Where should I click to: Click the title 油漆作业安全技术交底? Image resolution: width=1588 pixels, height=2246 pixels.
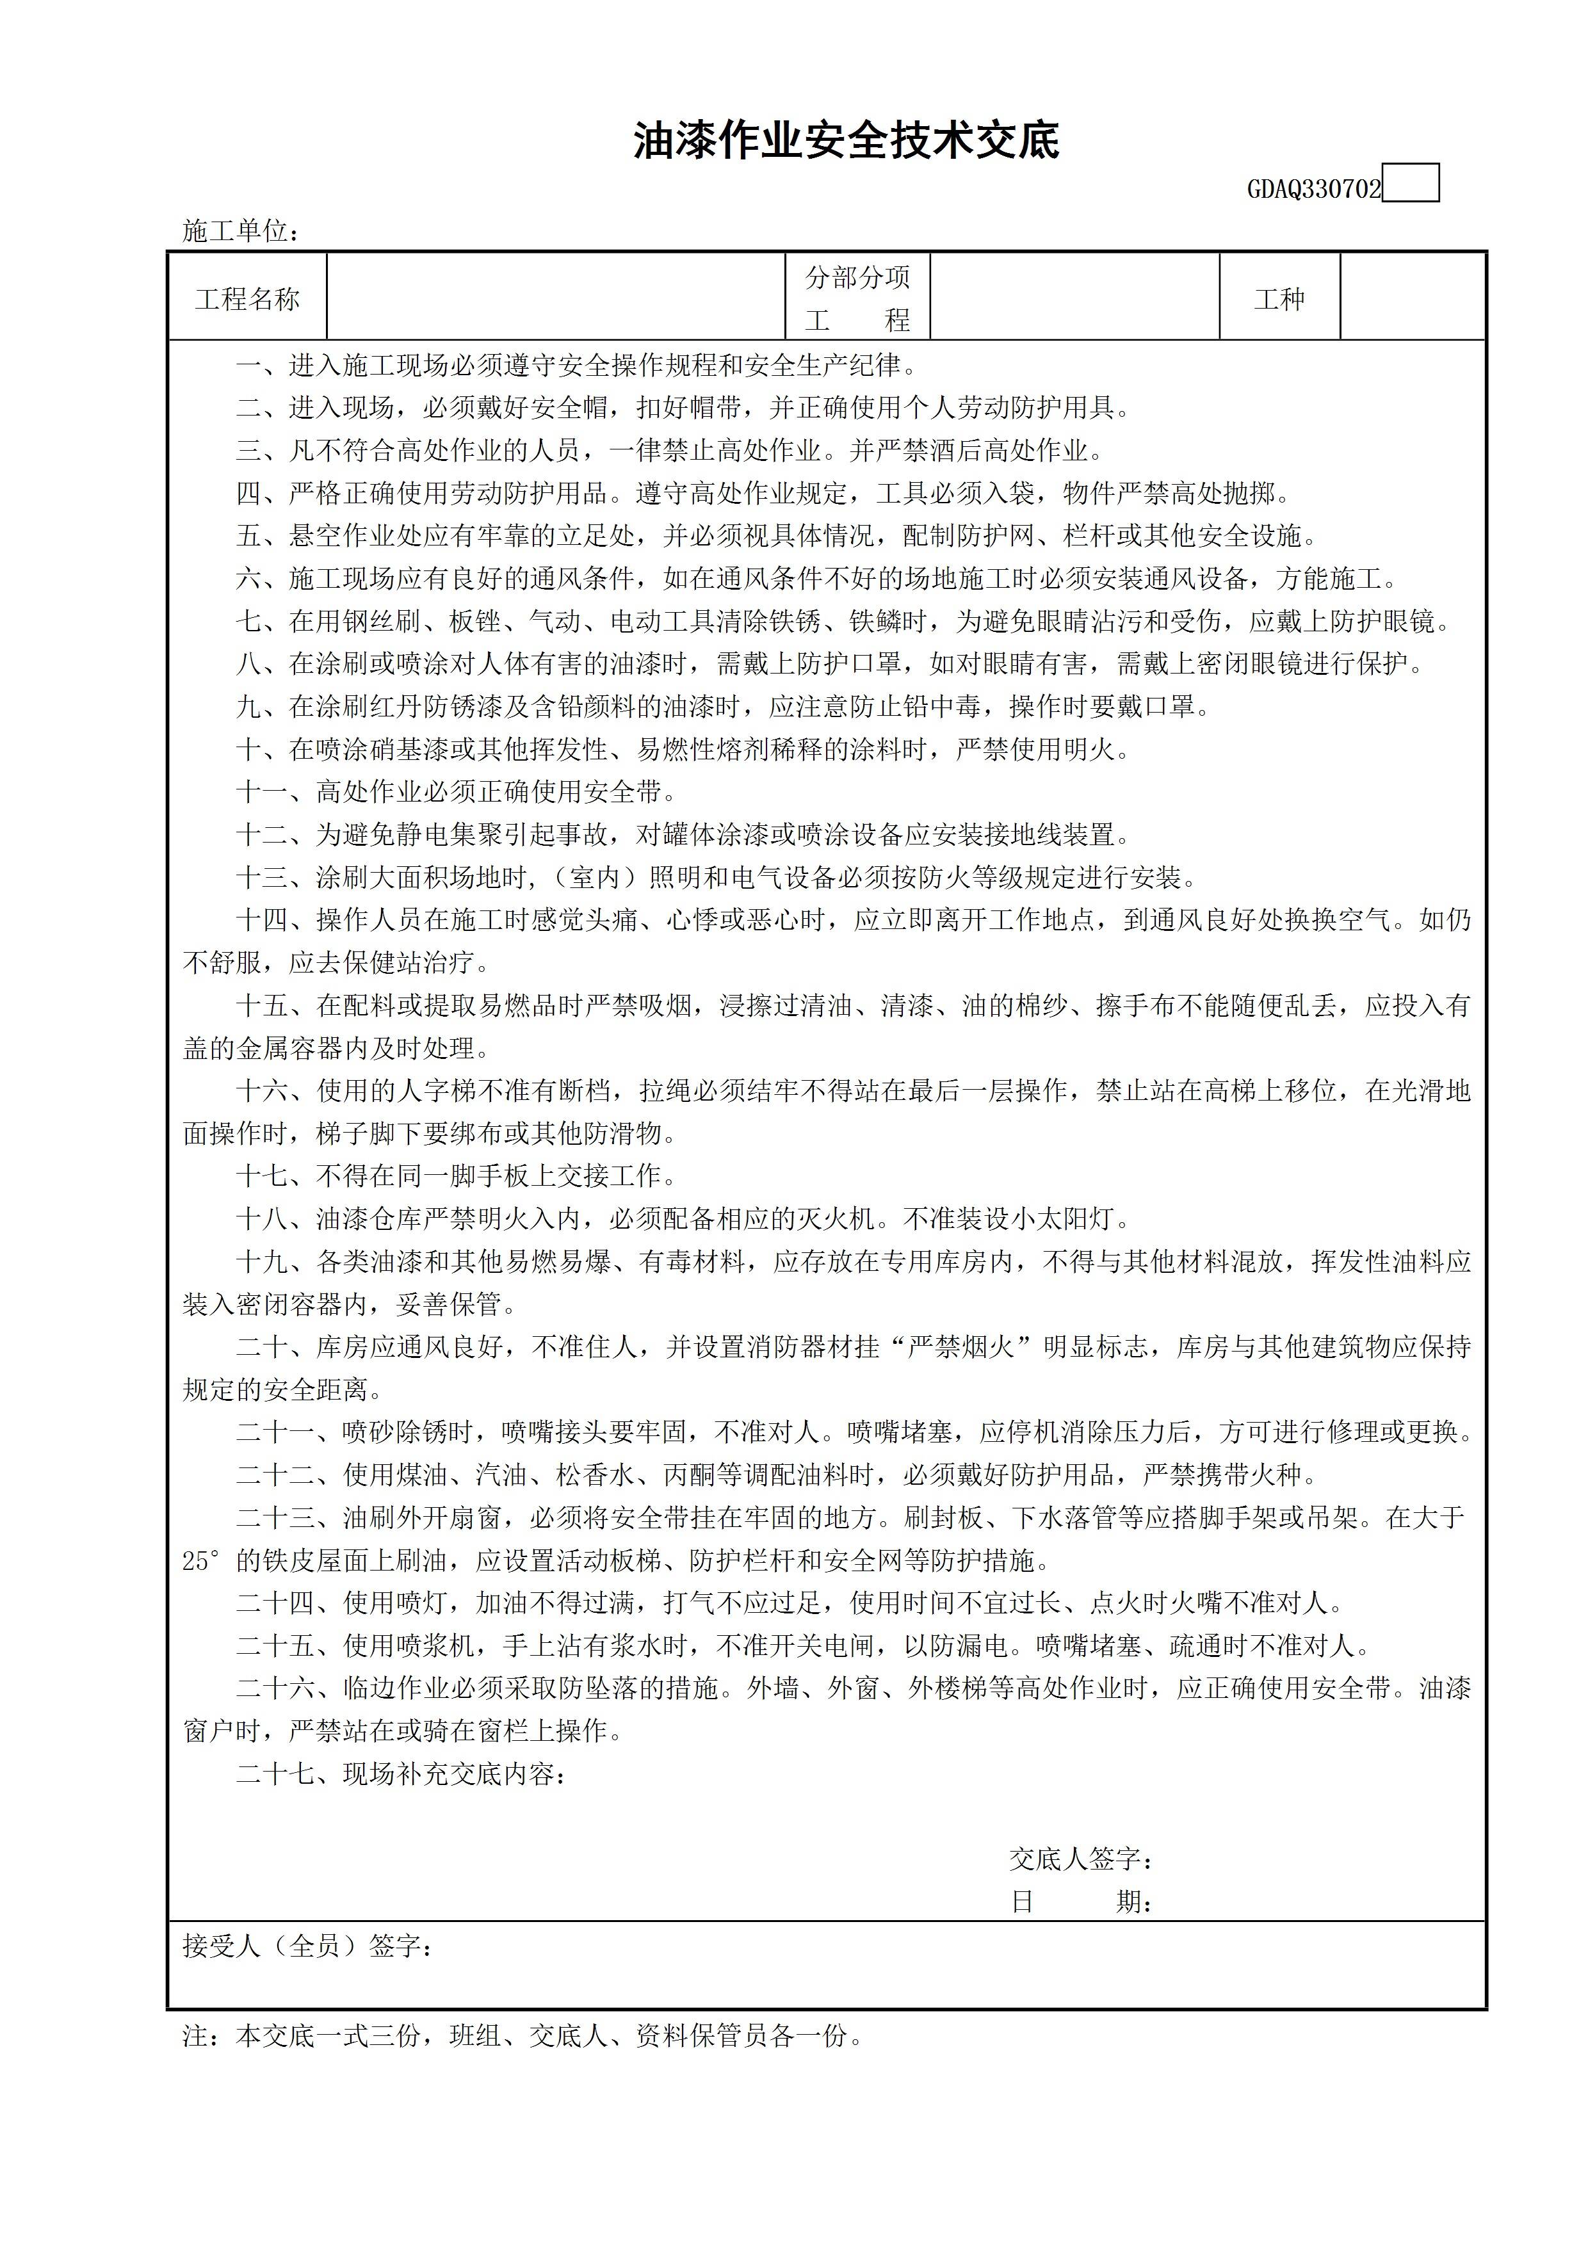[847, 141]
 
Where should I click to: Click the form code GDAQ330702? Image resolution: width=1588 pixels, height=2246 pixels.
[1313, 189]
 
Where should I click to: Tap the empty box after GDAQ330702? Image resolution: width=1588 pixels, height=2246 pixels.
[1411, 183]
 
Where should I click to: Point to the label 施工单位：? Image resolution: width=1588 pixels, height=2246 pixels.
[241, 231]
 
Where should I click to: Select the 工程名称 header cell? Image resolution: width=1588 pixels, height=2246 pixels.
[248, 298]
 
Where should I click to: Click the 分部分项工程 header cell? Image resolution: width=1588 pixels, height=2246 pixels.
[857, 298]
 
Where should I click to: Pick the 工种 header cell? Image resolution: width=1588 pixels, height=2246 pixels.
[1279, 298]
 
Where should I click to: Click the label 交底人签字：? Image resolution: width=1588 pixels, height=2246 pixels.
[1081, 1859]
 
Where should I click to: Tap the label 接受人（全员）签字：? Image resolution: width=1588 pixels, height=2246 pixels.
[308, 1946]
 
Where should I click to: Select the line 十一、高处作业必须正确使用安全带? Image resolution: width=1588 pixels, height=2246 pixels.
[456, 791]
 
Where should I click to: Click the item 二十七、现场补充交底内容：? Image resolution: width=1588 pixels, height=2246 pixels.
[401, 1773]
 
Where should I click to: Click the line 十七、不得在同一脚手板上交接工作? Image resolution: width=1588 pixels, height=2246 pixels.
[456, 1176]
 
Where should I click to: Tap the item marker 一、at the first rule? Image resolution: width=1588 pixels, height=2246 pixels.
[260, 366]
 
